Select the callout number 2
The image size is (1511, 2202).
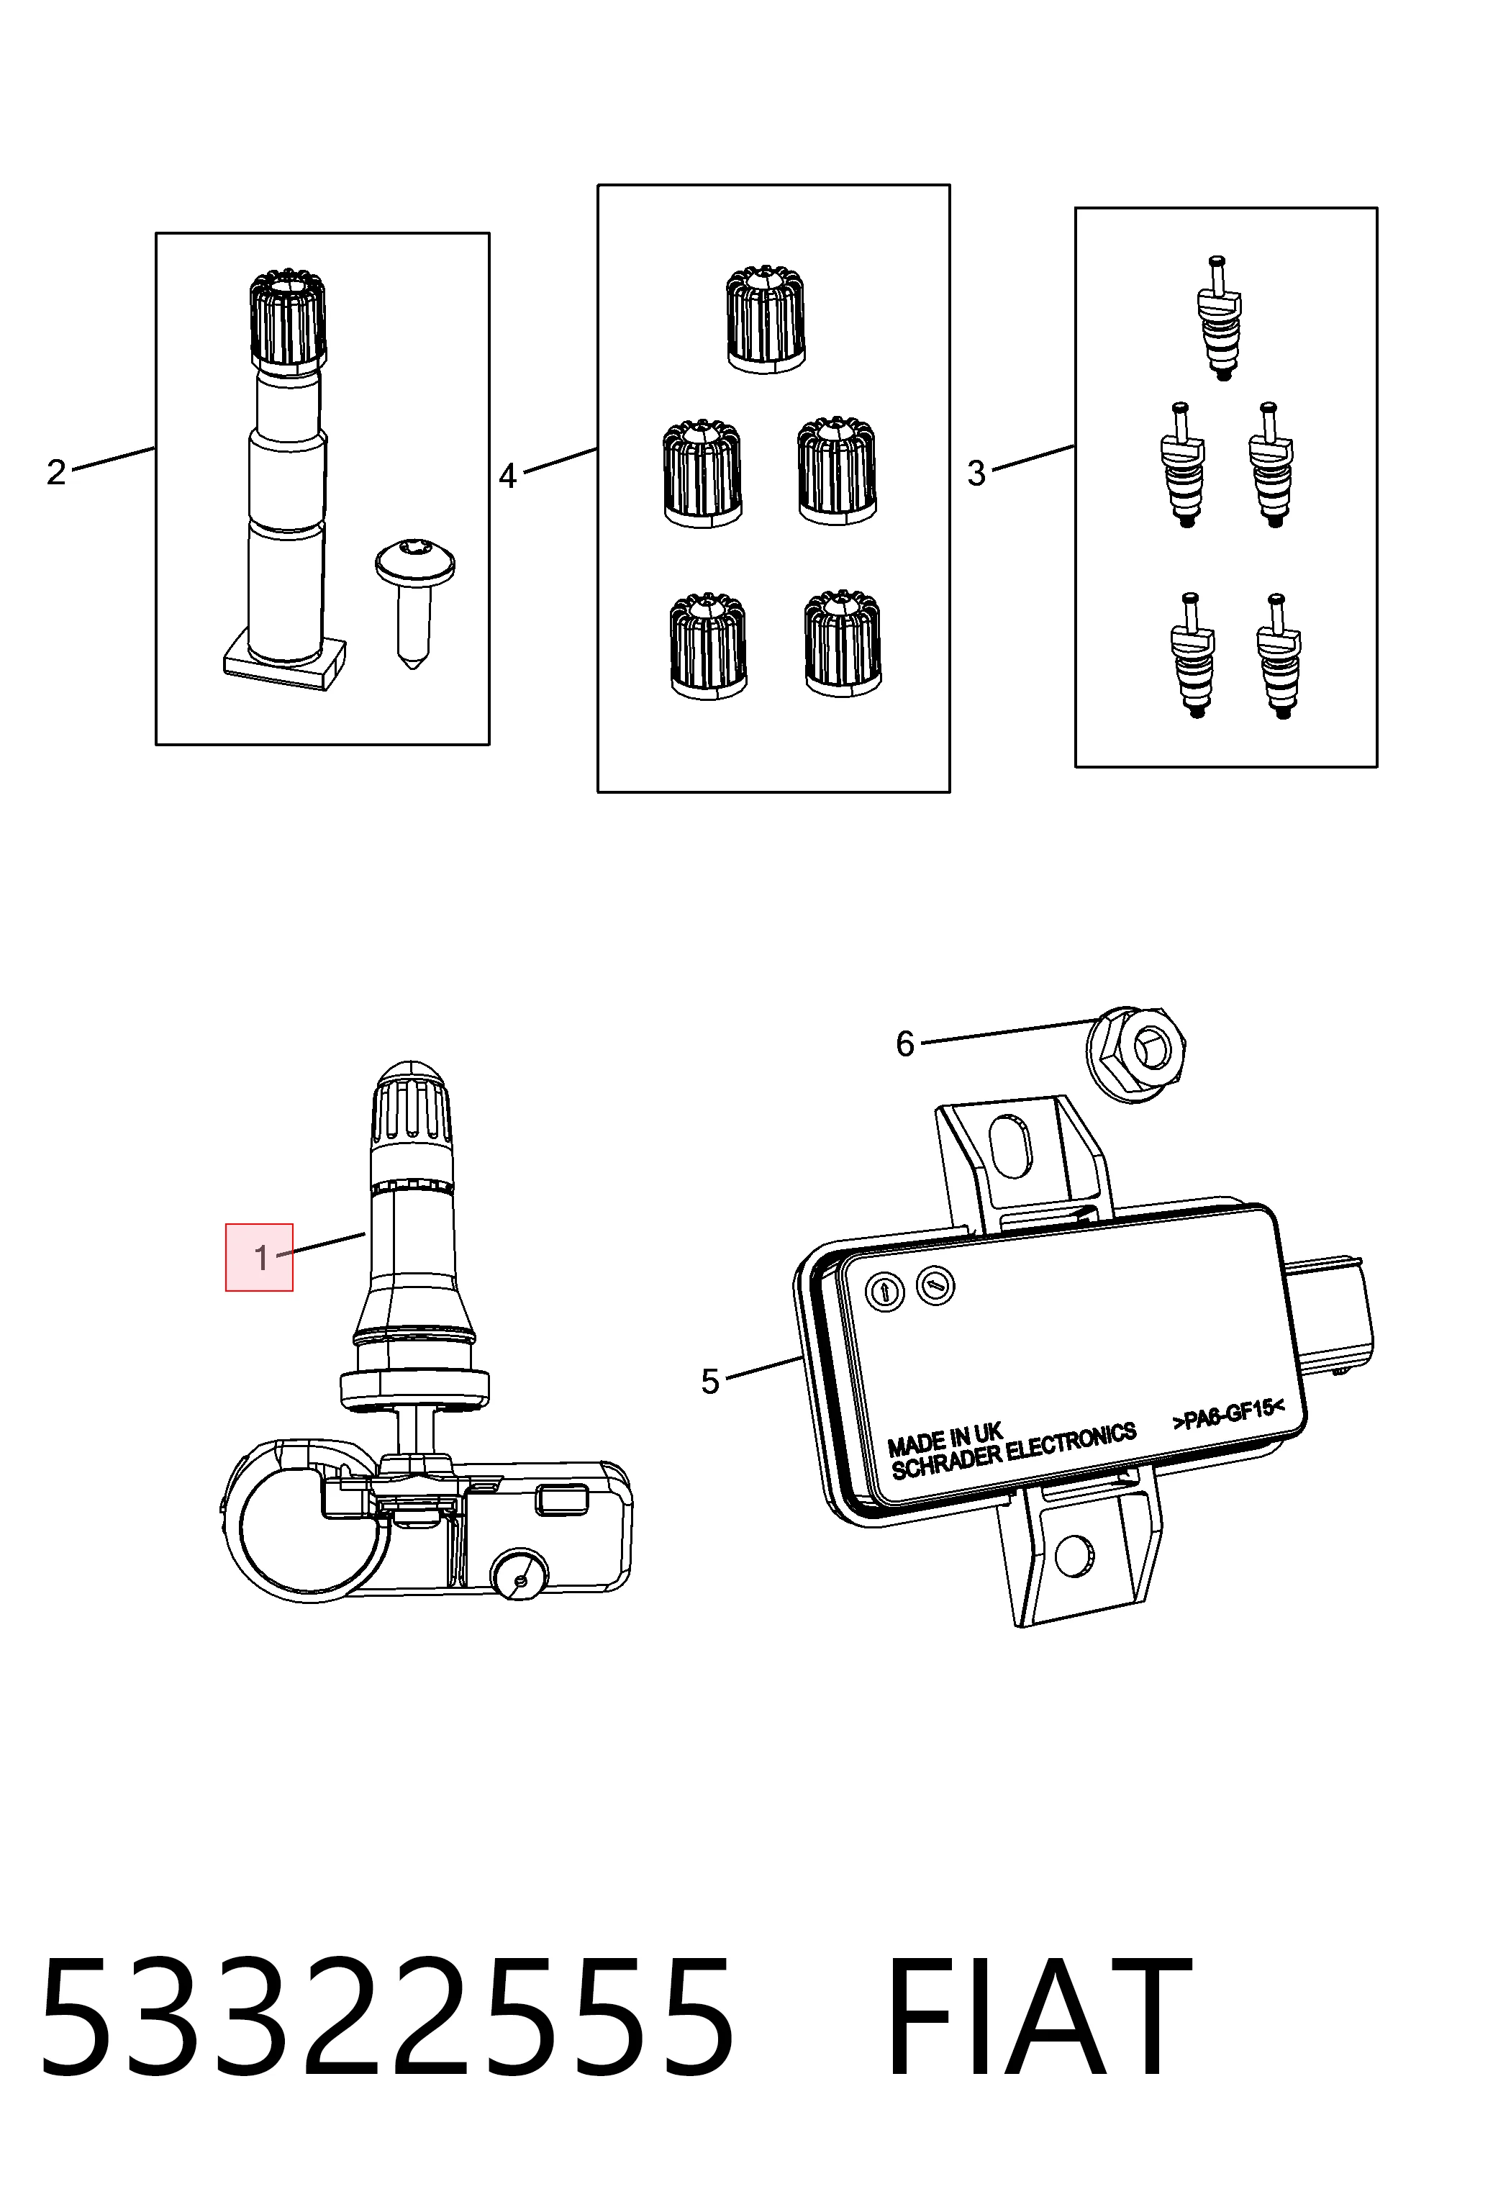pyautogui.click(x=56, y=472)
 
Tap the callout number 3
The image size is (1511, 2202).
pyautogui.click(x=976, y=473)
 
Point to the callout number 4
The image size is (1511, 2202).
pyautogui.click(x=508, y=476)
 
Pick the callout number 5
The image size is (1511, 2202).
pyautogui.click(x=710, y=1382)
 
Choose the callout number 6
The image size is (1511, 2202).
pyautogui.click(x=906, y=1044)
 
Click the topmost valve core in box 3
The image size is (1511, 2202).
pyautogui.click(x=1218, y=317)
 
